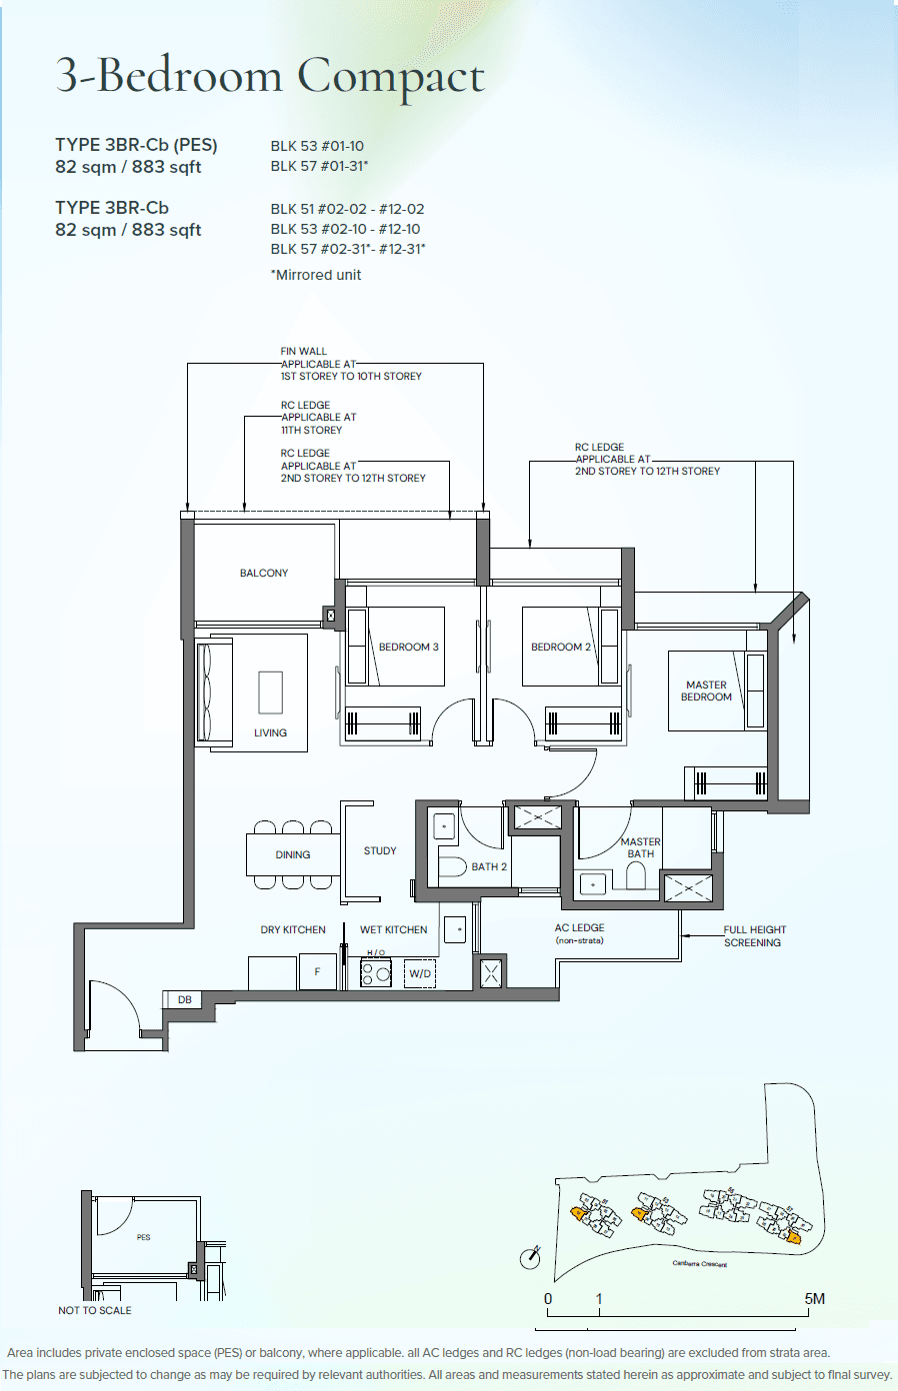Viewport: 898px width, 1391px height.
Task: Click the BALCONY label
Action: [264, 573]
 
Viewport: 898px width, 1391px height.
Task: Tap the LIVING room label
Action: [270, 732]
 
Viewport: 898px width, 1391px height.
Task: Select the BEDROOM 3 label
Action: [408, 647]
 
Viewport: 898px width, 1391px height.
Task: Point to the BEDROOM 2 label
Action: [560, 647]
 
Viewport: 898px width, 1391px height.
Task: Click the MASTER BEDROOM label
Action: [706, 691]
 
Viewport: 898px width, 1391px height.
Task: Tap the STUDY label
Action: [380, 850]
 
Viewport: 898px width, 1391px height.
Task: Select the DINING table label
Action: [293, 854]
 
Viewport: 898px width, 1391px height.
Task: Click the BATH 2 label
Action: [489, 866]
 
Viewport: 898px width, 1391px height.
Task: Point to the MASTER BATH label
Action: [640, 847]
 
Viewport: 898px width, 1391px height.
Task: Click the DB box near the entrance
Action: [185, 999]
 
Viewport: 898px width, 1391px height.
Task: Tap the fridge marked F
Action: [318, 971]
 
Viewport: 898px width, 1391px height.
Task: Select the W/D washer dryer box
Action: [420, 973]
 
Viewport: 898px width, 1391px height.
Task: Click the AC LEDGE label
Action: [580, 927]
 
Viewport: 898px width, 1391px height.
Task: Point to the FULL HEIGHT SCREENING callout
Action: [754, 935]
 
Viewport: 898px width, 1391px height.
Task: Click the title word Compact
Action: [391, 77]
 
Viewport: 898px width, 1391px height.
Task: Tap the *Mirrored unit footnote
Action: [316, 275]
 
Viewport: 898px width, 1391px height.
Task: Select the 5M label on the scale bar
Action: [814, 1298]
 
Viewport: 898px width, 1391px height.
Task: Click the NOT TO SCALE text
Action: [95, 1310]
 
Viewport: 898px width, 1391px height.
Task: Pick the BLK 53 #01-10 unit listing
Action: [317, 146]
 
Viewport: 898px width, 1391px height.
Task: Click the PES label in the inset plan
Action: [144, 1237]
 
